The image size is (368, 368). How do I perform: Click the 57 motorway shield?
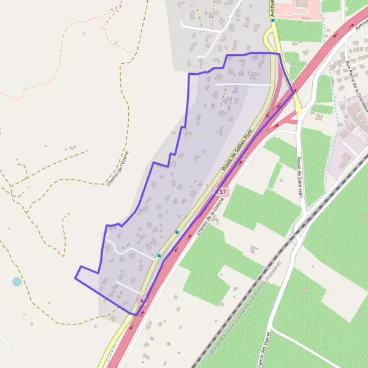tap(223, 192)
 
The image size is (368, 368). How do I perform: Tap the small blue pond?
tap(17, 282)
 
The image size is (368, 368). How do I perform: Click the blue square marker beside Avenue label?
tap(273, 20)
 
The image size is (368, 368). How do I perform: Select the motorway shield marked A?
tap(142, 300)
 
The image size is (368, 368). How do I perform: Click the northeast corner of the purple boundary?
tap(280, 54)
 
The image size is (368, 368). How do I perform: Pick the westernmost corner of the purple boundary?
tap(75, 277)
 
